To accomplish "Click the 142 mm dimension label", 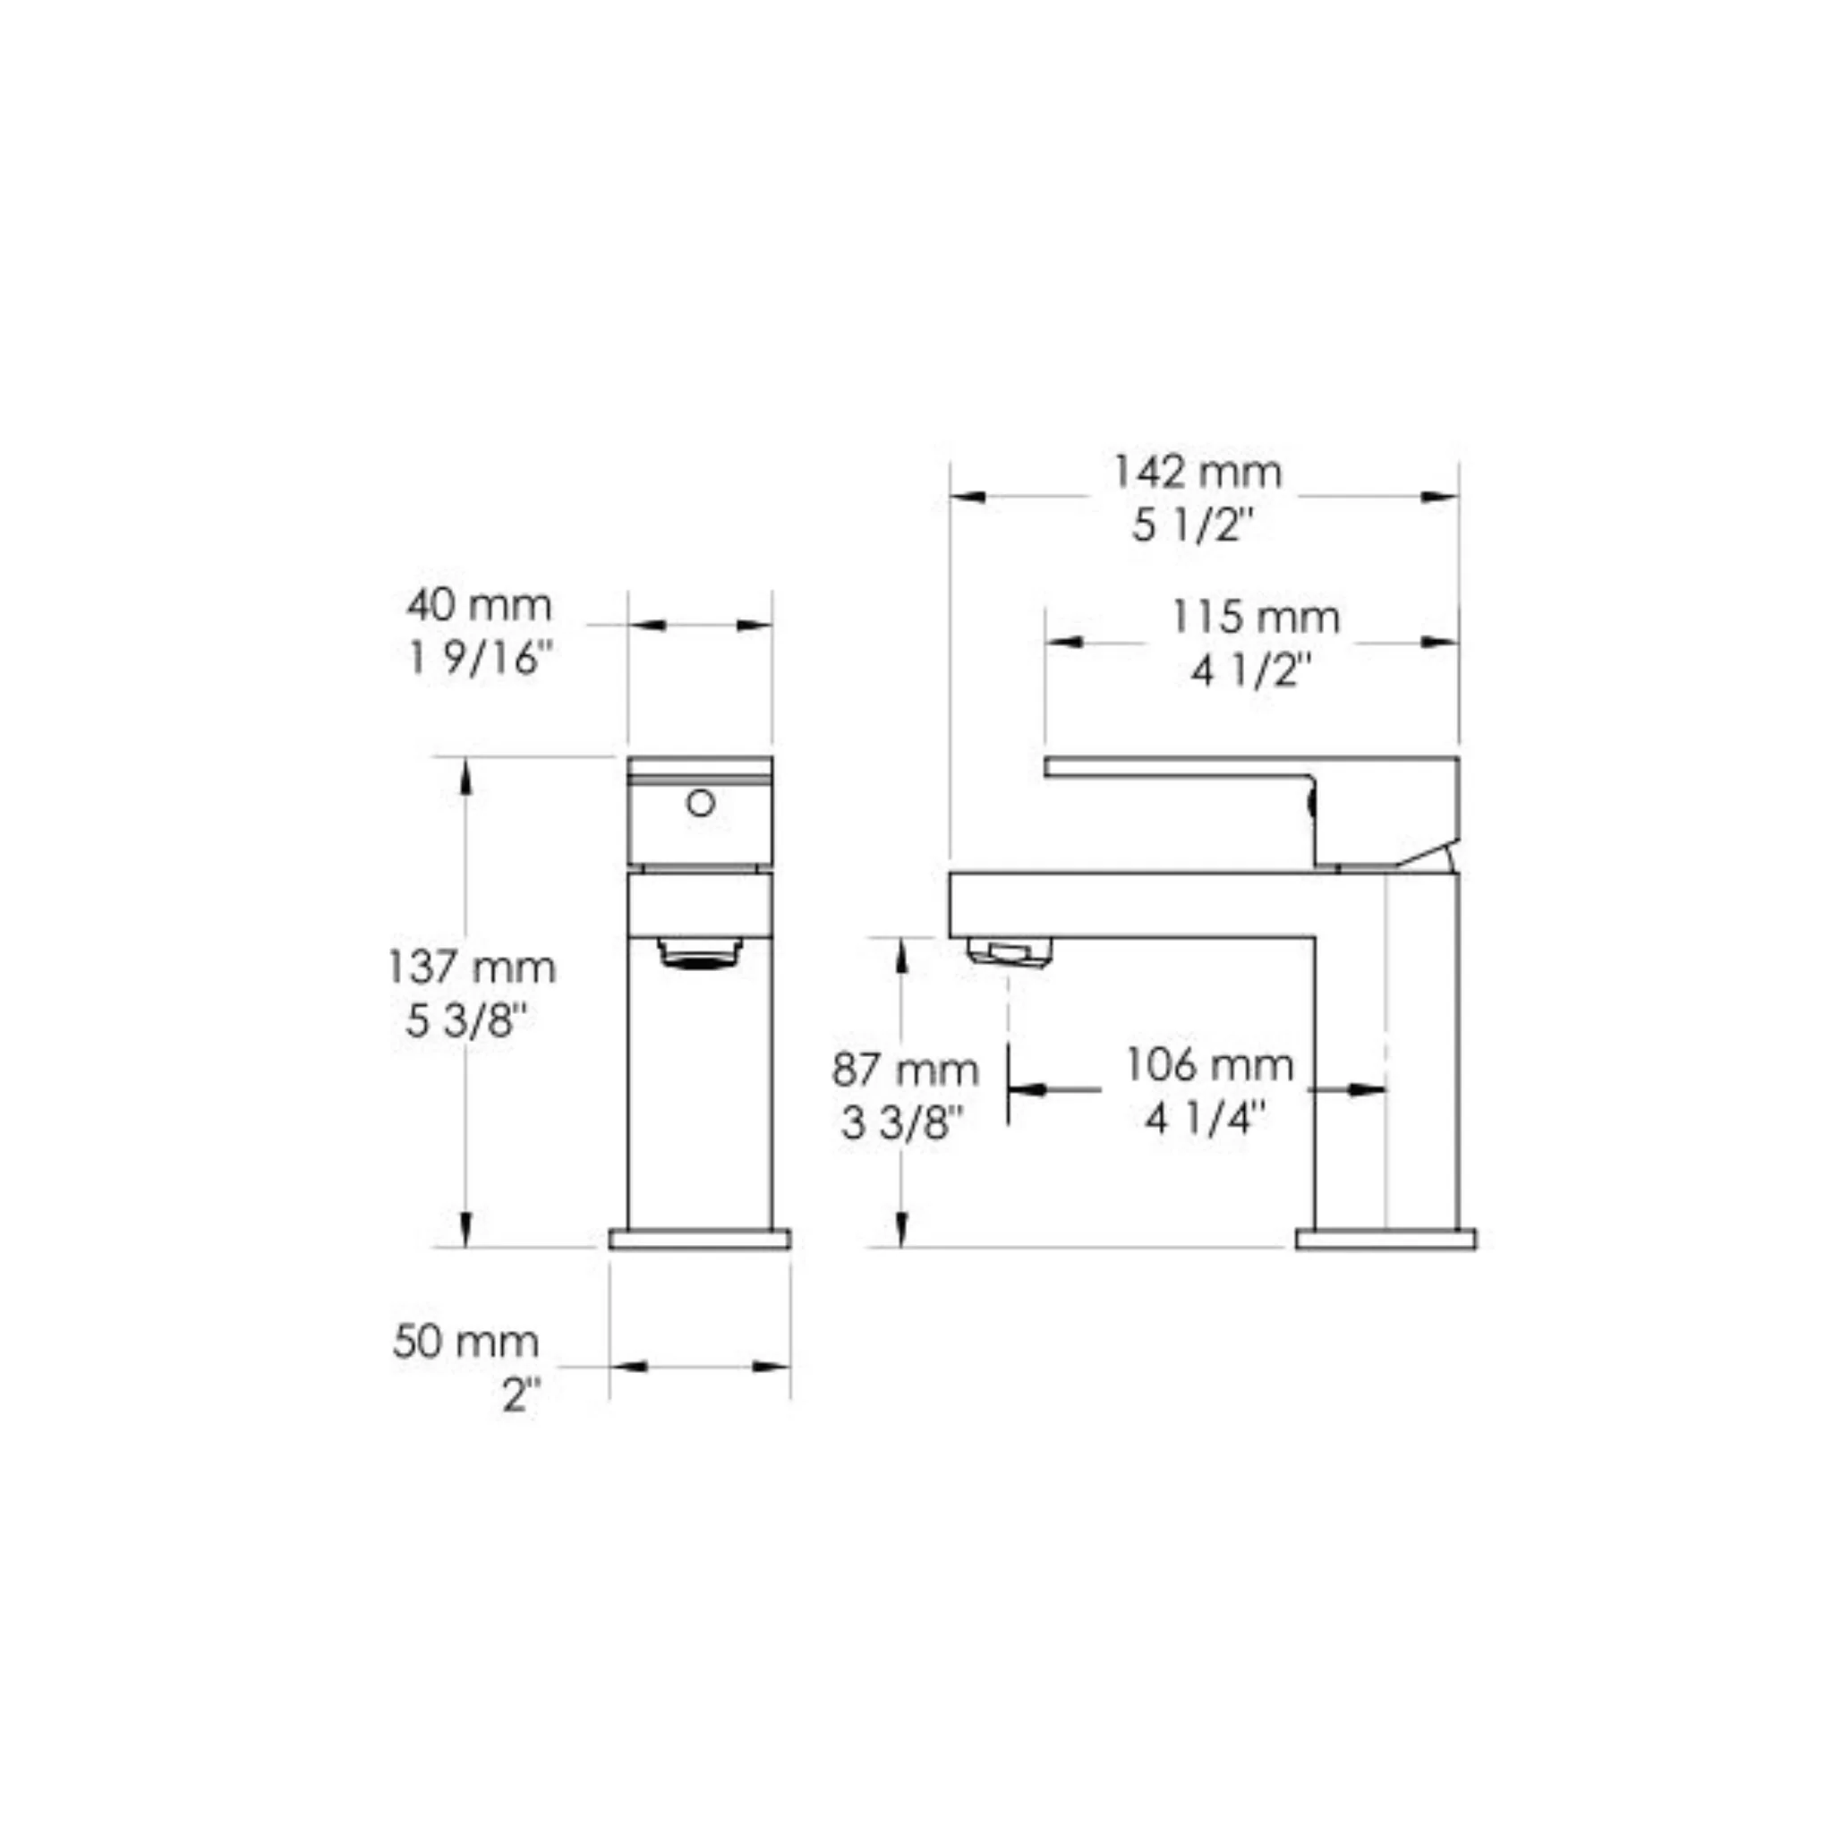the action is click(1197, 473).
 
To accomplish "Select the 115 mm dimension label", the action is click(1255, 618).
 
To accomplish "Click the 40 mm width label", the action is click(479, 605).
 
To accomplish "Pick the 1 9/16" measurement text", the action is click(480, 659).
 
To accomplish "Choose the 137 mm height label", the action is click(472, 968).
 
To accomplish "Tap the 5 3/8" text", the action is click(465, 1021).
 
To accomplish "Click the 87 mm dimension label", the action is click(905, 1070).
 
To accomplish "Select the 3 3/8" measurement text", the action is click(901, 1123).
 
